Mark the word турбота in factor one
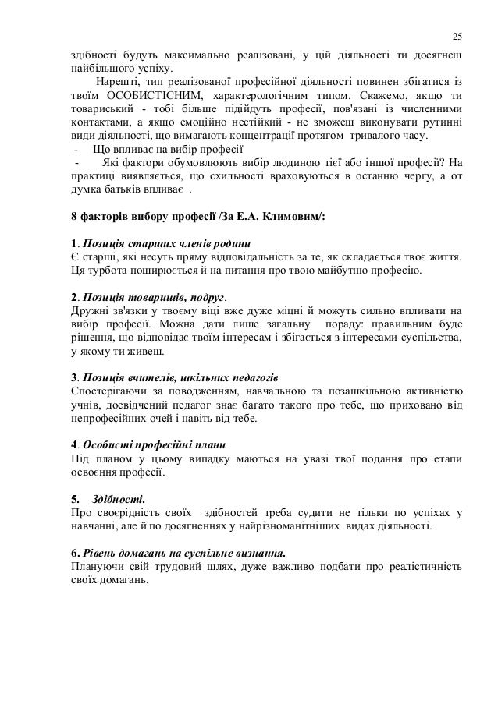(x=110, y=271)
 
